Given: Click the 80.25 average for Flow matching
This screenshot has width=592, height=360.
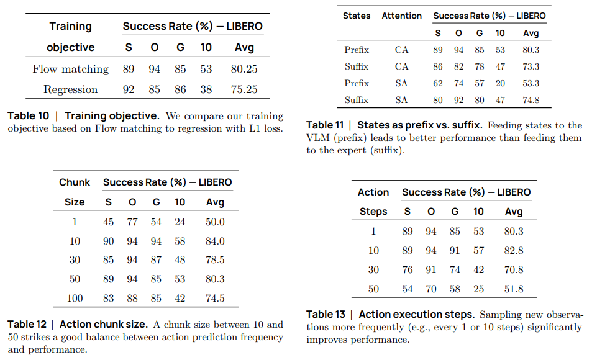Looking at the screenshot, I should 244,69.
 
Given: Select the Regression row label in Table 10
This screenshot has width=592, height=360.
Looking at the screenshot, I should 70,89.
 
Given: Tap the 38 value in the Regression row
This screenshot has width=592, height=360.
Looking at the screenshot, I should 206,89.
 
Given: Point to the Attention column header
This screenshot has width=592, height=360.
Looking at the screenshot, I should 401,16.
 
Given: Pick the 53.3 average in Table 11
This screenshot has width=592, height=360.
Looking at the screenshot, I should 531,83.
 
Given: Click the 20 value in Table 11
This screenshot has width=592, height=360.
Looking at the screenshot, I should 500,83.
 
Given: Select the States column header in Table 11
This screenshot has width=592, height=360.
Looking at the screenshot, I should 356,16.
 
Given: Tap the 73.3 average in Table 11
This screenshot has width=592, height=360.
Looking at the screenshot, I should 531,66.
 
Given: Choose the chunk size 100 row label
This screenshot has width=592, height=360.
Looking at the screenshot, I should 75,299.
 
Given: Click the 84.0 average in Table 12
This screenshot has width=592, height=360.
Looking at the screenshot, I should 215,241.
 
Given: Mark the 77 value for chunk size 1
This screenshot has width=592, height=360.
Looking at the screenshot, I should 132,222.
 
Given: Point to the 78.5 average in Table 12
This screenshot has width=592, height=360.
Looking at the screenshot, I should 215,260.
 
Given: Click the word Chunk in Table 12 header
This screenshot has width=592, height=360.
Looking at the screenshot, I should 75,182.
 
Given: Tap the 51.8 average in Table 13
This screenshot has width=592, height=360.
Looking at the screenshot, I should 514,289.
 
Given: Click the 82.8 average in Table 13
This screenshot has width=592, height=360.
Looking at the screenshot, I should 514,250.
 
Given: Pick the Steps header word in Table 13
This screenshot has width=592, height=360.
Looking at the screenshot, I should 373,212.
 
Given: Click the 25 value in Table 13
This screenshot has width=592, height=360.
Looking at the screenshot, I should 478,289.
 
